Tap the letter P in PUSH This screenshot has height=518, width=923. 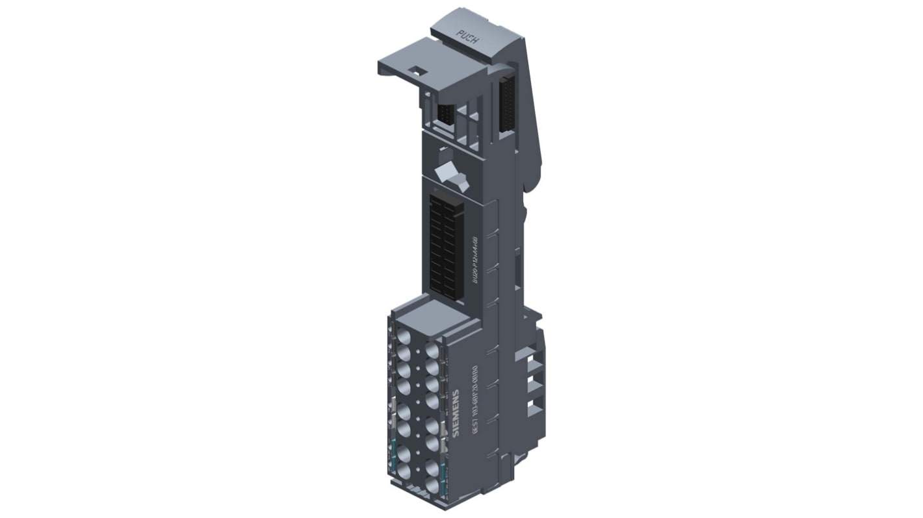tap(460, 34)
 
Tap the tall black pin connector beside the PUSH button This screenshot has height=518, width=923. tap(506, 104)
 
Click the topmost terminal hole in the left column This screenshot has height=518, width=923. tap(403, 337)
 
